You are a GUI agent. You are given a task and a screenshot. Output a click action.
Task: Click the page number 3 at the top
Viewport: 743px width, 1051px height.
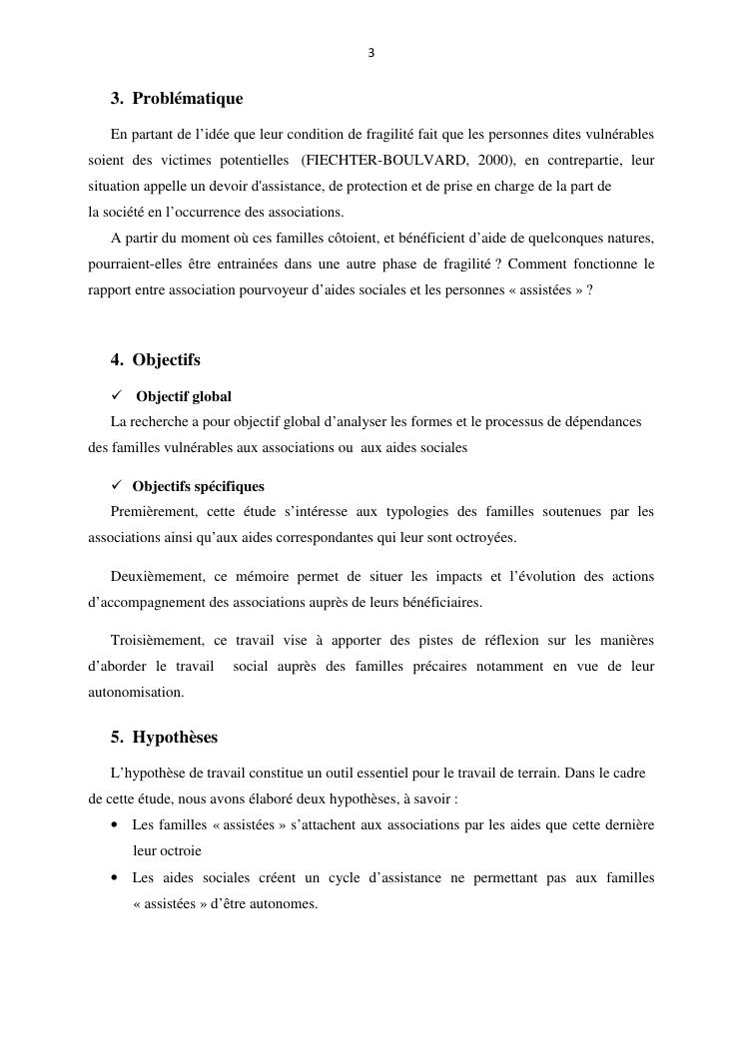coord(371,53)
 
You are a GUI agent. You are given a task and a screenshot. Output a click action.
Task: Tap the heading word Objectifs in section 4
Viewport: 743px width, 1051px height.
coord(166,359)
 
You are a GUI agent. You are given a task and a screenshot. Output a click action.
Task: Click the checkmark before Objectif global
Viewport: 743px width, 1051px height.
coord(117,395)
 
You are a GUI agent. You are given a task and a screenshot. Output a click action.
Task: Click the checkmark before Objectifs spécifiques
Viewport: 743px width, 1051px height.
coord(117,485)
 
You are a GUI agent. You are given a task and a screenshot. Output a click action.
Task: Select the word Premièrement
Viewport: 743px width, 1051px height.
coord(152,511)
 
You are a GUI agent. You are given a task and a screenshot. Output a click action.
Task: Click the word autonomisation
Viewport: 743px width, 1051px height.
coord(136,692)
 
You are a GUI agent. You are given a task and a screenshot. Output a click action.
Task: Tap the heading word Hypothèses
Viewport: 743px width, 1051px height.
coord(175,738)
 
